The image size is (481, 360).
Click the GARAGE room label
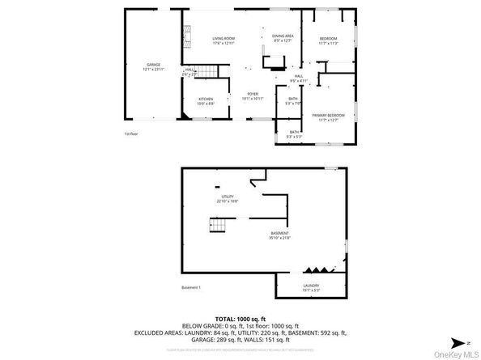click(154, 65)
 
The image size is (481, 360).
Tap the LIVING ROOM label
click(223, 38)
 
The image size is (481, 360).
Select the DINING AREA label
click(283, 36)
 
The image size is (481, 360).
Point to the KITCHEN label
click(206, 99)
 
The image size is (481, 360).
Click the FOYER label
click(253, 93)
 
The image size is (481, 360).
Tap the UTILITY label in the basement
click(228, 197)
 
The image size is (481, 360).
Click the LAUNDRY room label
click(310, 285)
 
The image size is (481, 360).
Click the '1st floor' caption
click(130, 133)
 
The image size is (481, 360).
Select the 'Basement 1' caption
click(191, 287)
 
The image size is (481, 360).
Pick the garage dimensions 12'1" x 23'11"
click(154, 70)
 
